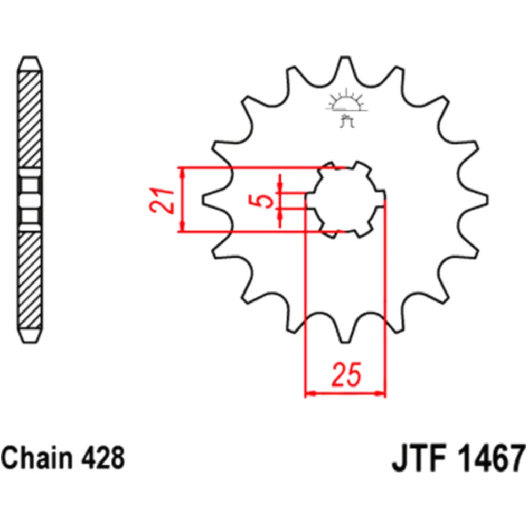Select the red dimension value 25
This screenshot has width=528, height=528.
tap(346, 374)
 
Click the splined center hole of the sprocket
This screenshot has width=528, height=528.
tap(346, 200)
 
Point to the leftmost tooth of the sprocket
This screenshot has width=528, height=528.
tap(214, 200)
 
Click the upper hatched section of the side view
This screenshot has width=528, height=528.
tap(30, 119)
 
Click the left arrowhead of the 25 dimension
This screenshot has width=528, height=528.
tap(310, 393)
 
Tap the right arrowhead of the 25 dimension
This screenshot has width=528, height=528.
tap(381, 393)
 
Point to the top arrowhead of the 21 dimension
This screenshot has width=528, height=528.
tap(182, 173)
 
